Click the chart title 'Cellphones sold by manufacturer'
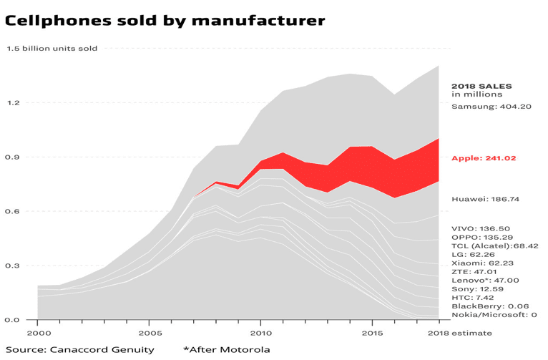click(165, 21)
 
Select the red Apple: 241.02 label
click(484, 158)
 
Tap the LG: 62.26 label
click(474, 255)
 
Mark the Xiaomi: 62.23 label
click(481, 263)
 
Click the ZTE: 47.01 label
click(475, 272)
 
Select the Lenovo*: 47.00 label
click(485, 281)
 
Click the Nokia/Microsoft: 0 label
click(494, 315)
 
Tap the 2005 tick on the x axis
click(149, 334)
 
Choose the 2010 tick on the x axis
click(260, 334)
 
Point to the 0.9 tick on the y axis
click(14, 157)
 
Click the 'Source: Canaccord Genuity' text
click(79, 349)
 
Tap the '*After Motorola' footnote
click(226, 349)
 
